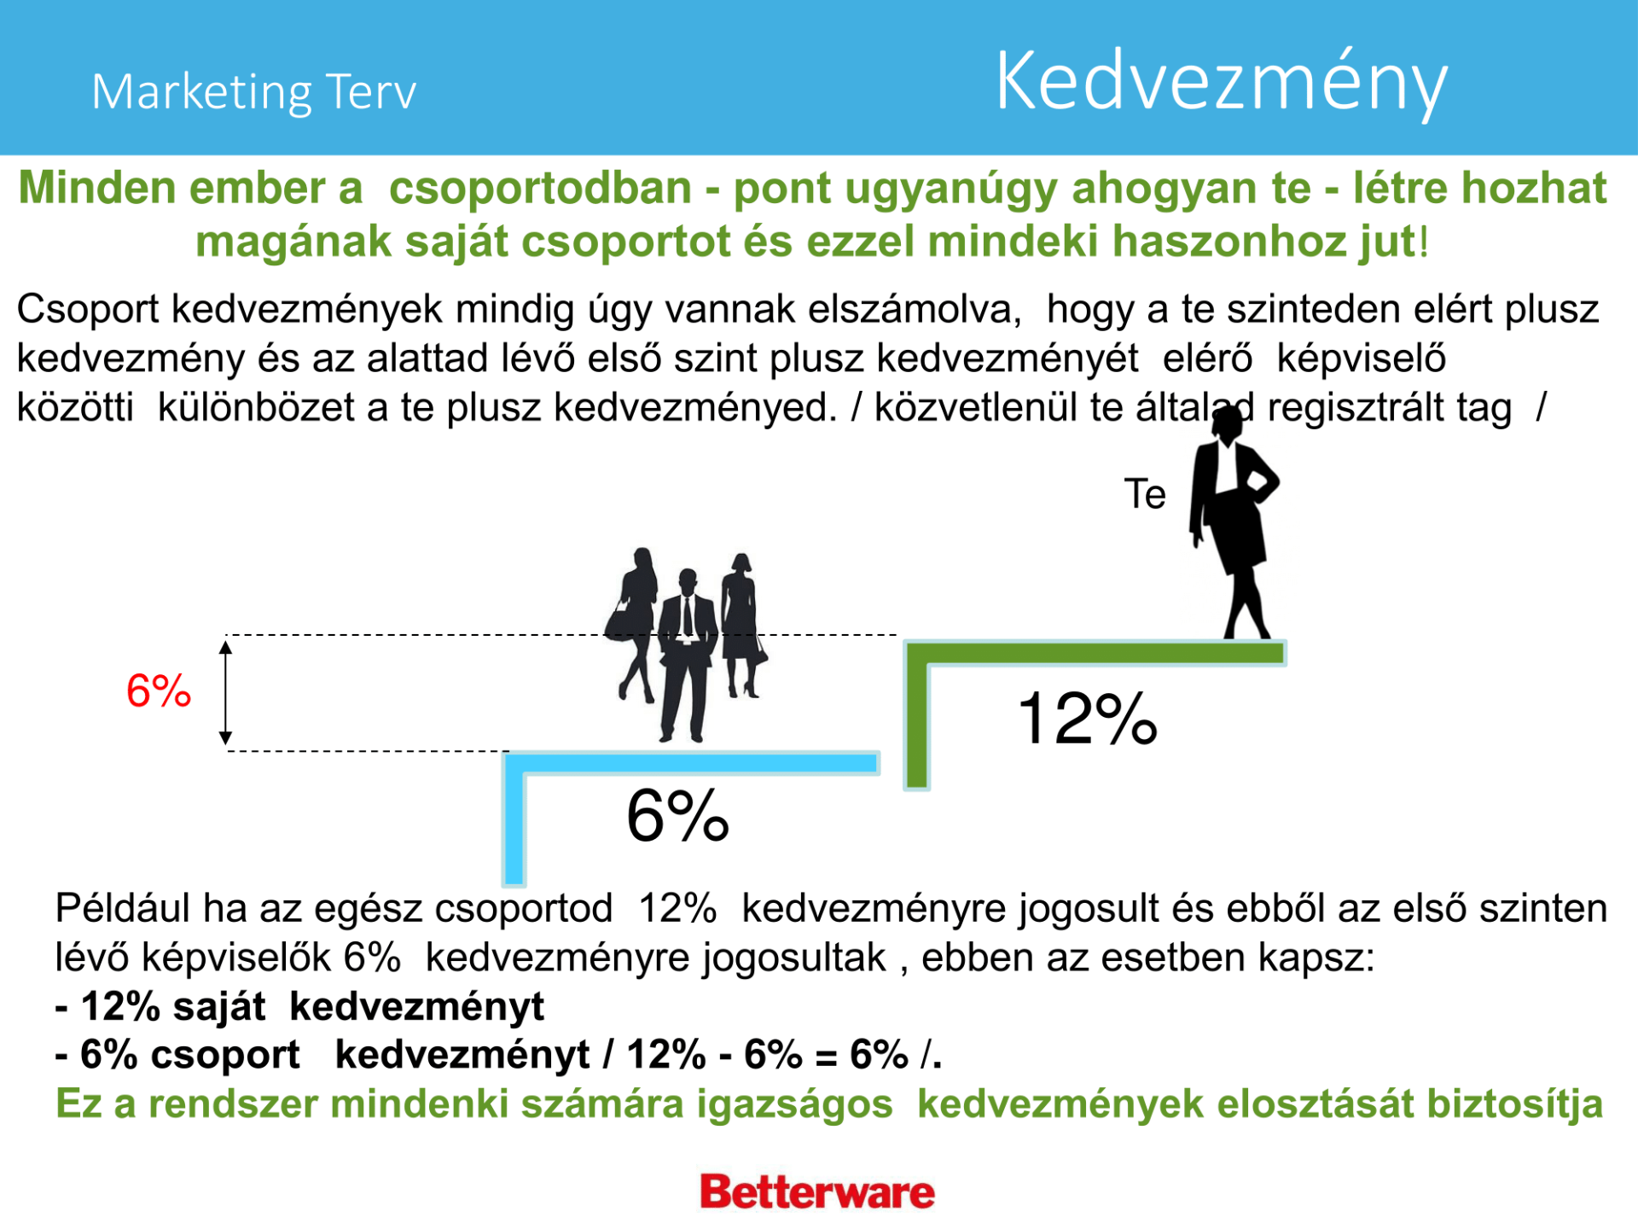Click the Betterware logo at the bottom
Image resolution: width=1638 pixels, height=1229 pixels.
coord(817,1191)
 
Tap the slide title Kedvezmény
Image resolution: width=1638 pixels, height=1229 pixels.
coord(1222,83)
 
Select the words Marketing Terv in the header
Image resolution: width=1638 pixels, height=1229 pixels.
coord(253,92)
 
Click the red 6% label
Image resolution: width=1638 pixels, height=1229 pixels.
coord(159,690)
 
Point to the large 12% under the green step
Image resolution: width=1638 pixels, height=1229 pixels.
coord(1088,719)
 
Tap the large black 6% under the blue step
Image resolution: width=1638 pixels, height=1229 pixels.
coord(677,816)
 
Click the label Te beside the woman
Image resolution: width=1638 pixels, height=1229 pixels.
coord(1145,494)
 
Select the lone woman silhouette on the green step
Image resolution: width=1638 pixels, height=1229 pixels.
coord(1234,522)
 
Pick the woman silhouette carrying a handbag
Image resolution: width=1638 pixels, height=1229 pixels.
coord(633,624)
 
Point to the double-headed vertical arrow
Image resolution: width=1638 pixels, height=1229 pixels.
coord(225,693)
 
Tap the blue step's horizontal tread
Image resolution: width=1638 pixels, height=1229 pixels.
coord(691,763)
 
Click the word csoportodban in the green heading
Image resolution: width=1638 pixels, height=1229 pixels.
coord(540,188)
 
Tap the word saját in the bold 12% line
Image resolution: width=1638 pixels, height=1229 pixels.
coord(219,1007)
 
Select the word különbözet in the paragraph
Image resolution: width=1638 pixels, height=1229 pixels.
coord(257,407)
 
